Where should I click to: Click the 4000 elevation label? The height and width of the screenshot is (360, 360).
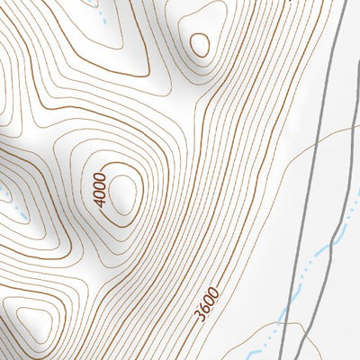100,185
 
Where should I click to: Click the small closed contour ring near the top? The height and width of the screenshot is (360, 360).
199,43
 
